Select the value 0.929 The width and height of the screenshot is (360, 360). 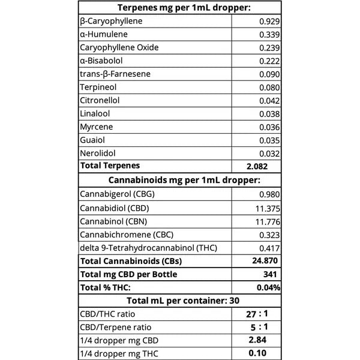[x=269, y=21]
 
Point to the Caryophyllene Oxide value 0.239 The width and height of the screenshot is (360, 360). [x=269, y=47]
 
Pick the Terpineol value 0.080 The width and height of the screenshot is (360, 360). [x=269, y=87]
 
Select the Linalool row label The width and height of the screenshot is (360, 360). [x=95, y=113]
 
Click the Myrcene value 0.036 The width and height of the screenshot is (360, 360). [x=269, y=127]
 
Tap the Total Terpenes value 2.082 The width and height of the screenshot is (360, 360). [x=256, y=166]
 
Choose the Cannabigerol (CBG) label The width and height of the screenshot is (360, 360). [x=115, y=194]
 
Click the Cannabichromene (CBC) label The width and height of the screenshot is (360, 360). [x=125, y=234]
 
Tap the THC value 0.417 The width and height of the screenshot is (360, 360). [x=269, y=247]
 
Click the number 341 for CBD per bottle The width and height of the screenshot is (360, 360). [x=270, y=274]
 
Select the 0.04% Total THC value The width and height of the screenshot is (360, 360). [x=268, y=287]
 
